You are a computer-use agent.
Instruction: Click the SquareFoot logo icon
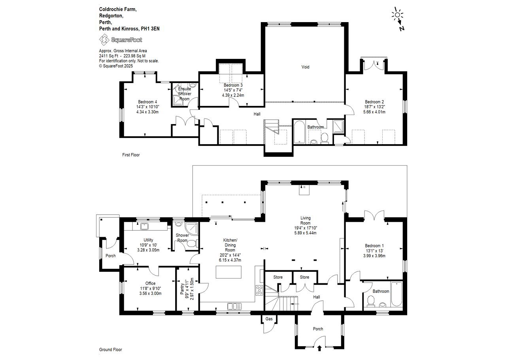(104, 40)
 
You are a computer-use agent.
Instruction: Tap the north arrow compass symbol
(398, 19)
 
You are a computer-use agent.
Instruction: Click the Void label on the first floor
(306, 67)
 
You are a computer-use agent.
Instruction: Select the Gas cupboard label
(269, 319)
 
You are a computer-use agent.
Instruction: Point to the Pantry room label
(182, 289)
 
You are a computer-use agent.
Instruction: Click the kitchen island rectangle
(228, 272)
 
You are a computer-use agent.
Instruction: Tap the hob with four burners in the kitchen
(259, 290)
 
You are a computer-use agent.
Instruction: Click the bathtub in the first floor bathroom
(300, 132)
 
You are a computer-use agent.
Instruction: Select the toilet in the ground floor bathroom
(371, 301)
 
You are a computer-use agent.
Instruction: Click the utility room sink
(144, 226)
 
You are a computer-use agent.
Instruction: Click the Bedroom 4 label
(147, 102)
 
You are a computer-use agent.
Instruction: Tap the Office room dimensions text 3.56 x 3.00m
(151, 293)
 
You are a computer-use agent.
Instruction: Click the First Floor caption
(131, 155)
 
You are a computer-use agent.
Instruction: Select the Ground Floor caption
(110, 350)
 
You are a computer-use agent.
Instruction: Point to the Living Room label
(306, 221)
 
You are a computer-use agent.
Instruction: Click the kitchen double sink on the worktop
(234, 306)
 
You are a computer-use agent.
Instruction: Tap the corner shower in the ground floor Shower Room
(192, 229)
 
